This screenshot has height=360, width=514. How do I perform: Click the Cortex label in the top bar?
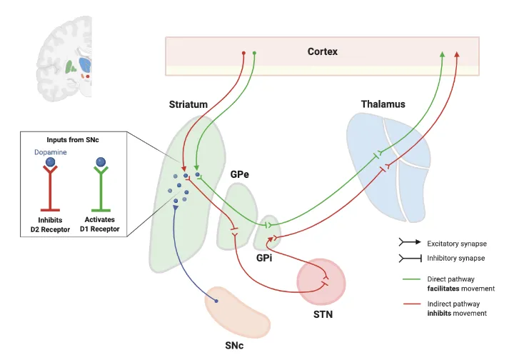[323, 51]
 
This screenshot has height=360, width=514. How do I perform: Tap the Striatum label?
[188, 104]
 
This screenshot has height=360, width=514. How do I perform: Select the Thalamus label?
[383, 104]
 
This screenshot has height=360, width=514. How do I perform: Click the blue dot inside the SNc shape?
[216, 301]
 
